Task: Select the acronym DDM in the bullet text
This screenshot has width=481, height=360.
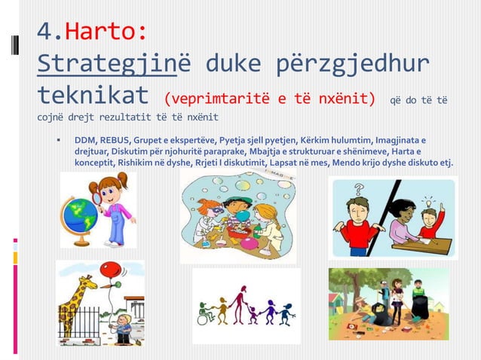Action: click(84, 140)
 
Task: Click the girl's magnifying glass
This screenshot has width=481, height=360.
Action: click(95, 194)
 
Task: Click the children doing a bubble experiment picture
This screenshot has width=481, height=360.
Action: click(237, 215)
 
